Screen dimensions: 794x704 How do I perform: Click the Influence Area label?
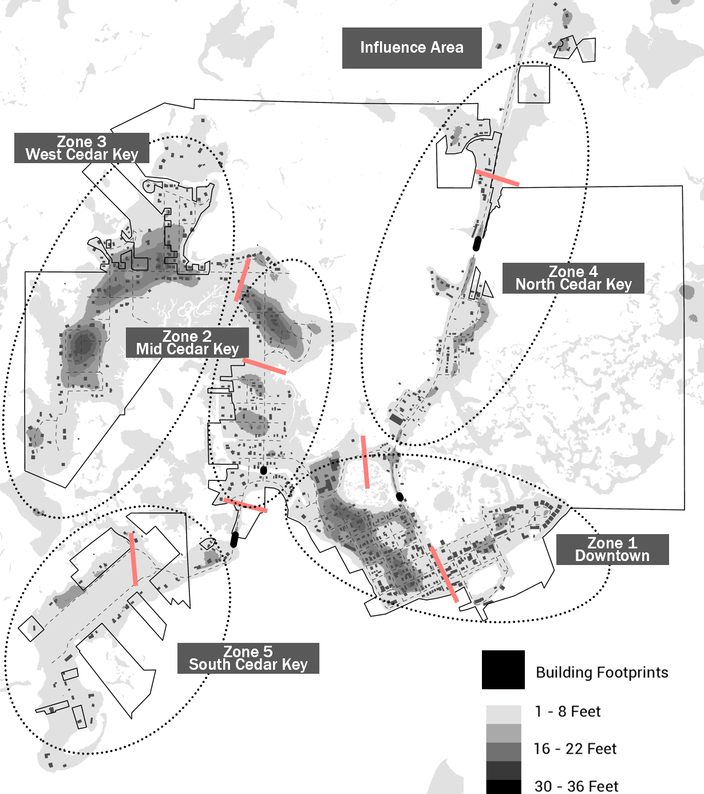(x=412, y=48)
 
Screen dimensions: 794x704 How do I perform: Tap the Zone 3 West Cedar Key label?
(x=82, y=148)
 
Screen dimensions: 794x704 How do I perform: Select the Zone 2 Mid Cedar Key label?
(x=187, y=343)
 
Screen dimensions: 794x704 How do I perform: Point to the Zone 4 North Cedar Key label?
(x=573, y=278)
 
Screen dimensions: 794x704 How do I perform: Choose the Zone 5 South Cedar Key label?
(x=248, y=658)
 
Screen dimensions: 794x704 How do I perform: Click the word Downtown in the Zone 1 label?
(x=612, y=556)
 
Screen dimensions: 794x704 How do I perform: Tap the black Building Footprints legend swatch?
(x=503, y=670)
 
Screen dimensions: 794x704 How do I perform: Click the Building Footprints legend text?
(x=602, y=673)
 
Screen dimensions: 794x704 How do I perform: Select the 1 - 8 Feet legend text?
(x=567, y=712)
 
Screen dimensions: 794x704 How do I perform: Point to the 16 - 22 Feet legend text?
(x=575, y=749)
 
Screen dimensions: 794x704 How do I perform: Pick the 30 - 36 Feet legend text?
(x=576, y=787)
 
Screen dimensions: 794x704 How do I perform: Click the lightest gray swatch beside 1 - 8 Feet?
(x=504, y=714)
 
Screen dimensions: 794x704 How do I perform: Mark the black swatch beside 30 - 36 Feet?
(x=504, y=787)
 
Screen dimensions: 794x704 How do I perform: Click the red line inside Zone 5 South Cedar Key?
(x=133, y=559)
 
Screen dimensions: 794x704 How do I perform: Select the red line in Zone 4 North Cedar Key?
(x=497, y=177)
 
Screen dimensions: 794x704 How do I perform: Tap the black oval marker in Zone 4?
(x=476, y=244)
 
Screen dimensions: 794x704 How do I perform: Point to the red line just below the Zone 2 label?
(x=264, y=366)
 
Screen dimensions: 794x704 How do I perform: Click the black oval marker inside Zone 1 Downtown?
(x=400, y=496)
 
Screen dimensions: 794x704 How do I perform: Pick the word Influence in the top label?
(x=387, y=48)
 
